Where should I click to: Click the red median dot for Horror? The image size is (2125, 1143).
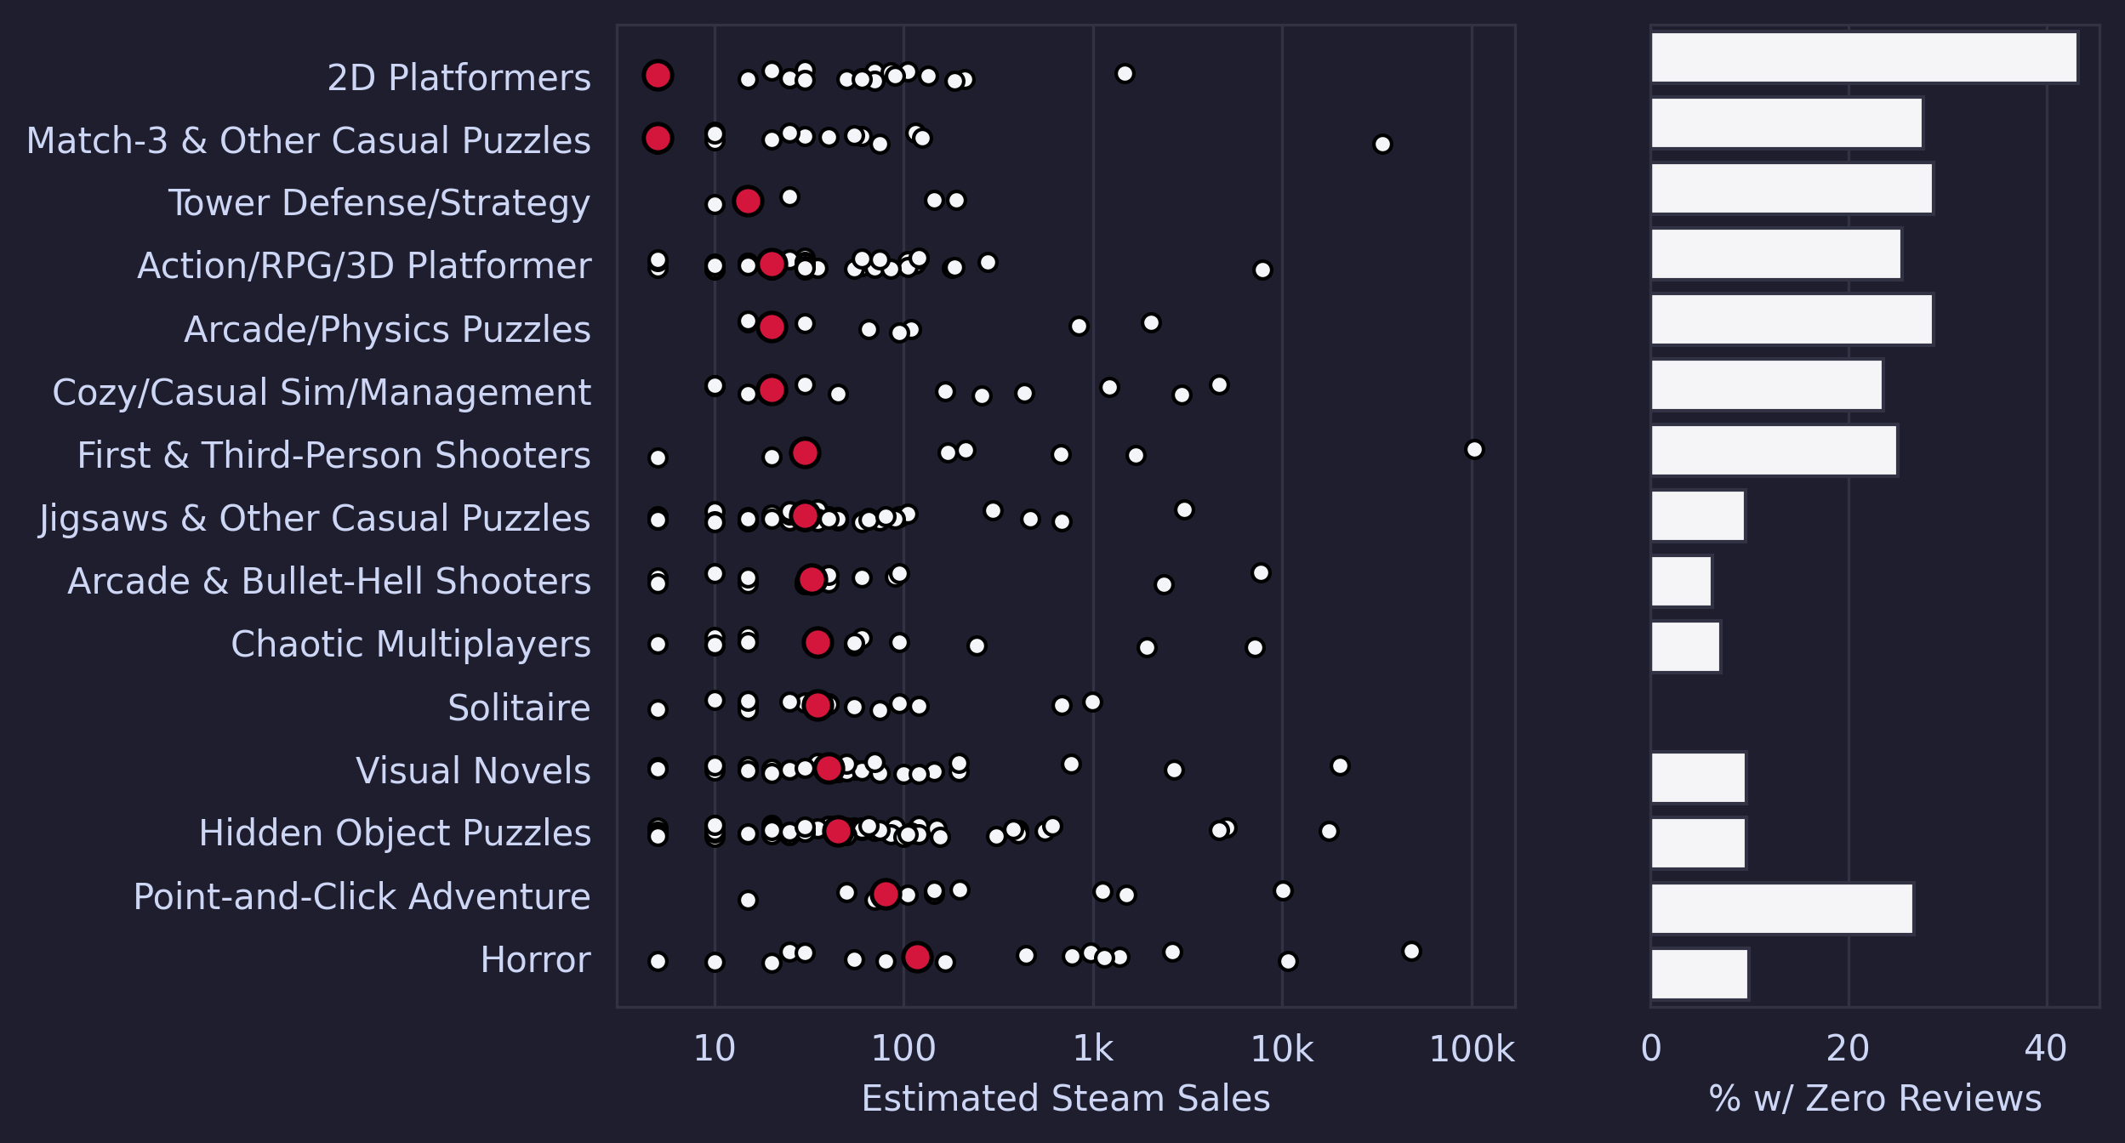point(917,957)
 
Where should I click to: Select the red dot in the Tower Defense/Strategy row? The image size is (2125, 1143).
point(748,202)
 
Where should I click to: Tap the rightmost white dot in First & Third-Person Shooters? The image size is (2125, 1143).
point(1474,449)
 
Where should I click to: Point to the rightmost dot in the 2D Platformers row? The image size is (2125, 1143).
point(1125,74)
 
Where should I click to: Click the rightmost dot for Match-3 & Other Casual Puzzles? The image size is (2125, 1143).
point(1382,145)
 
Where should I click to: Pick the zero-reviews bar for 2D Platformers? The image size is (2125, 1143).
point(1864,58)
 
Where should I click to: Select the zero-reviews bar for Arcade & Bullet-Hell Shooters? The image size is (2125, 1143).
point(1681,582)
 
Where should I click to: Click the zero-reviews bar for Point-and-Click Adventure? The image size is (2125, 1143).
point(1782,908)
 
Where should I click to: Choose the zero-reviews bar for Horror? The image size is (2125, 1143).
point(1700,974)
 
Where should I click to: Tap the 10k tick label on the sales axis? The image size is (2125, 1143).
point(1281,1049)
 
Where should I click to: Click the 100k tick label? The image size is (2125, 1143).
point(1472,1049)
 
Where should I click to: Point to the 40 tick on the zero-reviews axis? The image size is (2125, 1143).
point(2045,1049)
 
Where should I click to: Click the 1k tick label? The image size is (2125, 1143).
point(1092,1049)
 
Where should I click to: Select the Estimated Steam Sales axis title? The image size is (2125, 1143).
point(1065,1099)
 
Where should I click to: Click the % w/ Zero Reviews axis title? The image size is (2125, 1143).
point(1875,1099)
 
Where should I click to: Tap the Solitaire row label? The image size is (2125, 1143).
point(519,708)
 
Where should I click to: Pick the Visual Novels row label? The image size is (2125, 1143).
point(473,771)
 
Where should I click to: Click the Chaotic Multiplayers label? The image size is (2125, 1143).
point(410,645)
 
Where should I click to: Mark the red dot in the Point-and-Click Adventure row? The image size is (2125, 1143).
point(886,894)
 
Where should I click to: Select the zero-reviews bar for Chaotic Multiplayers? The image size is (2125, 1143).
point(1685,646)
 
